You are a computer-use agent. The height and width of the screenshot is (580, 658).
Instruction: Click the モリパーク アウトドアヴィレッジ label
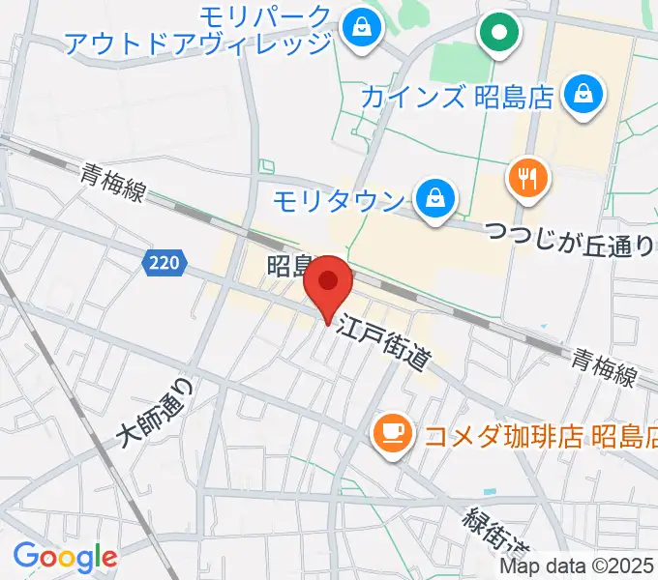[198, 30]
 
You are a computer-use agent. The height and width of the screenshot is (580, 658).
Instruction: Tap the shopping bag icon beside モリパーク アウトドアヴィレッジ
[361, 25]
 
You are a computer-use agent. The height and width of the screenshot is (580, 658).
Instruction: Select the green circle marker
[499, 34]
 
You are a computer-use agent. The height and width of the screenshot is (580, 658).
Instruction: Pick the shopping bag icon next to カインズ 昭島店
[585, 95]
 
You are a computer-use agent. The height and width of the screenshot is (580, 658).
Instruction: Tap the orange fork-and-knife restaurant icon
[528, 178]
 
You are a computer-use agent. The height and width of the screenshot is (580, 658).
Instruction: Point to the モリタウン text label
[338, 201]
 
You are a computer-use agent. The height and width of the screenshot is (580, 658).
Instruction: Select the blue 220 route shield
[164, 261]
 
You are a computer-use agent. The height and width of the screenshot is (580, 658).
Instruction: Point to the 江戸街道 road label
[383, 344]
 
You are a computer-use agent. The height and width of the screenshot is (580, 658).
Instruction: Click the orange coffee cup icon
[391, 429]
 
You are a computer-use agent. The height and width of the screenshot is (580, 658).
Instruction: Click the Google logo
[65, 556]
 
